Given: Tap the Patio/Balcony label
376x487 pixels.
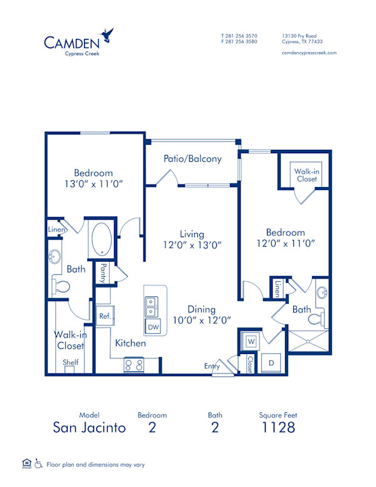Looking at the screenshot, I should pyautogui.click(x=192, y=159).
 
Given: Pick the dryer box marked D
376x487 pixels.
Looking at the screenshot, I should pyautogui.click(x=272, y=363).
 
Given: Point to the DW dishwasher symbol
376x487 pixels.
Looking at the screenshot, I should pyautogui.click(x=153, y=327).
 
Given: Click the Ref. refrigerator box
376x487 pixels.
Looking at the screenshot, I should pyautogui.click(x=105, y=316).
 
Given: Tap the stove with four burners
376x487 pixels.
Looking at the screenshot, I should pyautogui.click(x=135, y=365).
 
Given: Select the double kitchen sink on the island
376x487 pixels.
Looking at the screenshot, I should pyautogui.click(x=151, y=307).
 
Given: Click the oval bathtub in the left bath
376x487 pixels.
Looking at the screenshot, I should pyautogui.click(x=102, y=239).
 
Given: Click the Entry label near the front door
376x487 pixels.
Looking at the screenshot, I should pyautogui.click(x=212, y=366).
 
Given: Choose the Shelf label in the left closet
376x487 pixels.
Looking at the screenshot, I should pyautogui.click(x=70, y=362).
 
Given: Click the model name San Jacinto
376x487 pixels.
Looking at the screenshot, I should pyautogui.click(x=89, y=428).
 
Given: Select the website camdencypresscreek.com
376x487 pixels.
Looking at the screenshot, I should pyautogui.click(x=310, y=53).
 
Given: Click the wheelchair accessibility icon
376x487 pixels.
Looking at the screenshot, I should pyautogui.click(x=39, y=464).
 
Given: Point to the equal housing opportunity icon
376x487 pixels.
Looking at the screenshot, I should pyautogui.click(x=26, y=464).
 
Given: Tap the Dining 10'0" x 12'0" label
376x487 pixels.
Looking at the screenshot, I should pyautogui.click(x=201, y=314).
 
